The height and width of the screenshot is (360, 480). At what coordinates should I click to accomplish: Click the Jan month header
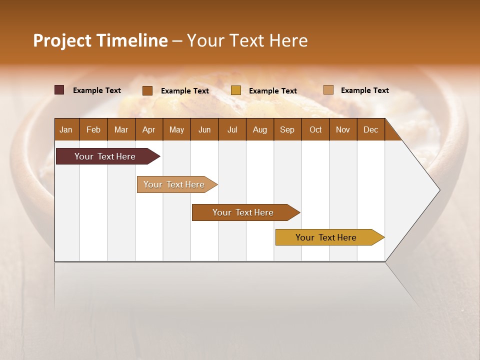tap(66, 129)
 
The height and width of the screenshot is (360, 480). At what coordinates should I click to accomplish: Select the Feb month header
tap(93, 129)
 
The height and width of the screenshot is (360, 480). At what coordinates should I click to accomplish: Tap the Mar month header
tap(121, 129)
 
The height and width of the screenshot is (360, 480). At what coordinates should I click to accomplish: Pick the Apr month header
tap(149, 129)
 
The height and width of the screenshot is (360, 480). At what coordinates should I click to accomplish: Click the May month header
tap(176, 129)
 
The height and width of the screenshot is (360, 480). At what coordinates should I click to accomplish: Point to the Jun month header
tap(204, 129)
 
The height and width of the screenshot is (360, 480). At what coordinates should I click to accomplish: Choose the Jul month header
tap(232, 129)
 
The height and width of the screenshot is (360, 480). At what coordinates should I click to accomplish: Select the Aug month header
tap(260, 129)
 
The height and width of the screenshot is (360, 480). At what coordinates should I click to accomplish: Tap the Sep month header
tap(287, 129)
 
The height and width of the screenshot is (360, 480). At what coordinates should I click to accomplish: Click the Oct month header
tap(315, 129)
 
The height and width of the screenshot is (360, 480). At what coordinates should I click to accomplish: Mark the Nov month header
tap(343, 129)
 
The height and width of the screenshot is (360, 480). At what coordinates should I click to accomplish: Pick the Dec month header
tap(370, 129)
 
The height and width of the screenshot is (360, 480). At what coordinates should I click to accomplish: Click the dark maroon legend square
tap(59, 90)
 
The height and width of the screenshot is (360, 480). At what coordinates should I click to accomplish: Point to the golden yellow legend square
tap(236, 90)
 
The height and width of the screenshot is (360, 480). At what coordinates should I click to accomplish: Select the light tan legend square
tap(328, 90)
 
